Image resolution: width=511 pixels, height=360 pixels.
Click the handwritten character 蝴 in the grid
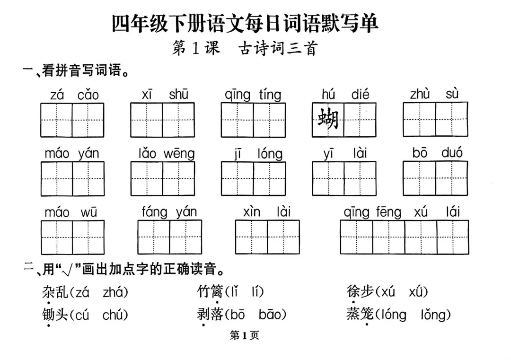click(328, 119)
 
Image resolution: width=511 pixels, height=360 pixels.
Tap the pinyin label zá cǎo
click(74, 95)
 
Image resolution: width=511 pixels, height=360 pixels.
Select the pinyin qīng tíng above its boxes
click(253, 95)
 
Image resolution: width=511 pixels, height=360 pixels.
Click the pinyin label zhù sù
click(434, 95)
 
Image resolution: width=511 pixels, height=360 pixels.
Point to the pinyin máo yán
click(72, 154)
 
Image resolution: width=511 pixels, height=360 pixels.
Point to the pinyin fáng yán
click(169, 212)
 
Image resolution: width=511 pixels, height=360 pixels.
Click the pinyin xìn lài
click(267, 212)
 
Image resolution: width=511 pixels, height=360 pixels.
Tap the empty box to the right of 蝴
click(360, 119)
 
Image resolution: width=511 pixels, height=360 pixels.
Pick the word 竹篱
click(210, 292)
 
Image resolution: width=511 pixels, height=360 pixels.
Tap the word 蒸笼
click(360, 314)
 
